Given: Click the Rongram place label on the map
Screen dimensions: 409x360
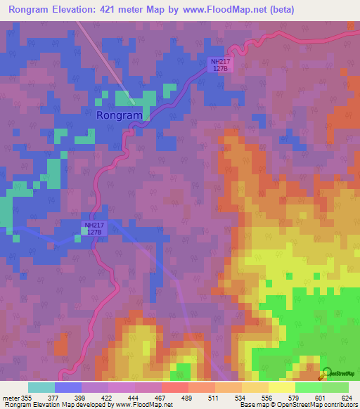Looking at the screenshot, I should [x=120, y=115].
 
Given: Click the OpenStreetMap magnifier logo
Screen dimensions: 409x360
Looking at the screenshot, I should [x=327, y=374].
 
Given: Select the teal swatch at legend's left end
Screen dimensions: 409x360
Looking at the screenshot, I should [x=41, y=387].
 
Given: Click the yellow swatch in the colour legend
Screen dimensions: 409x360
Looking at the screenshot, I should [x=282, y=387].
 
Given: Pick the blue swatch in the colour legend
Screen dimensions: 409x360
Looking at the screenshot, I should [x=68, y=387].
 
